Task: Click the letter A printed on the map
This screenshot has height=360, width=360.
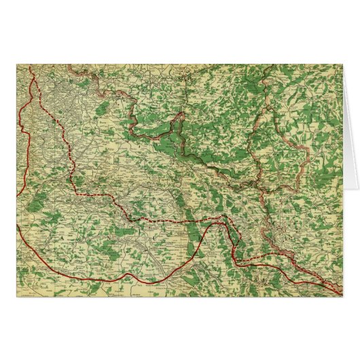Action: tap(60, 239)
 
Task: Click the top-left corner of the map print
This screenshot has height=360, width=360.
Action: tap(17, 65)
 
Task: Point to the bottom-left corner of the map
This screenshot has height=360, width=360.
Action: tap(17, 296)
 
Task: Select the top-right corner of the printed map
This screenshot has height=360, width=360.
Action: tap(342, 65)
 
